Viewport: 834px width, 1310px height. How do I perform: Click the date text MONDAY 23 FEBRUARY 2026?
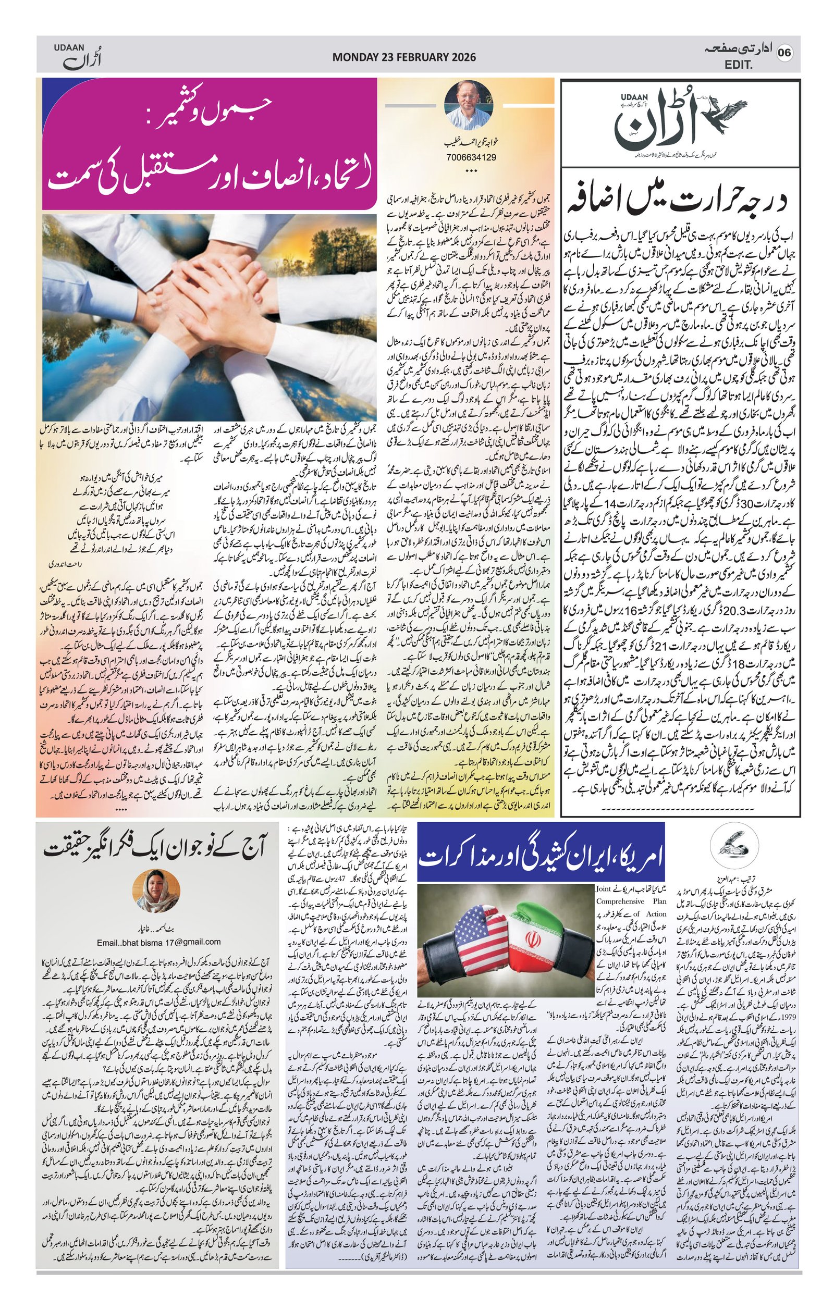pyautogui.click(x=403, y=57)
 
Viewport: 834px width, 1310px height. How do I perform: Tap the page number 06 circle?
pyautogui.click(x=784, y=53)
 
